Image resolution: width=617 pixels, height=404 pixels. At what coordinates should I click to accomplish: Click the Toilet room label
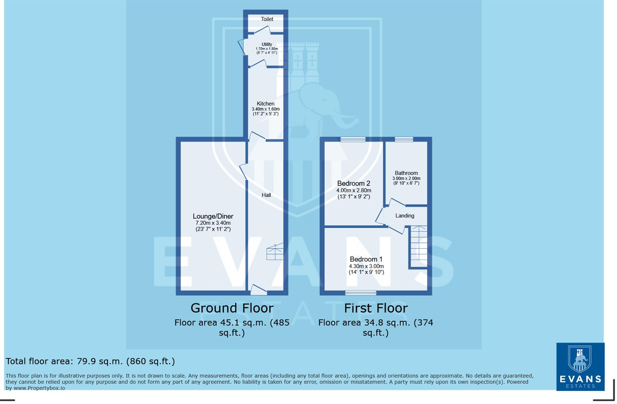pyautogui.click(x=267, y=19)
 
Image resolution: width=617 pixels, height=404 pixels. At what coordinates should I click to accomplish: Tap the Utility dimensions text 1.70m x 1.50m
pyautogui.click(x=267, y=49)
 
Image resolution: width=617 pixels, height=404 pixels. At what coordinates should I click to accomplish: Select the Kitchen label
pyautogui.click(x=265, y=104)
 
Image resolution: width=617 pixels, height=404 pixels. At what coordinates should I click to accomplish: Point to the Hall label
pyautogui.click(x=266, y=195)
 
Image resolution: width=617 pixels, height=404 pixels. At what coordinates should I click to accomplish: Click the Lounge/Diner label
pyautogui.click(x=213, y=216)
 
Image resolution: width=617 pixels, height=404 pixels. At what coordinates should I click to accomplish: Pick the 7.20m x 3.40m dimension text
pyautogui.click(x=213, y=223)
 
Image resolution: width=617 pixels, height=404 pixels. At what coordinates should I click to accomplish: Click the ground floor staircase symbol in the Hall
pyautogui.click(x=275, y=252)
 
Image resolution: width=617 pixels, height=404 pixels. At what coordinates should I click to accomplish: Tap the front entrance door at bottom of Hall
pyautogui.click(x=259, y=291)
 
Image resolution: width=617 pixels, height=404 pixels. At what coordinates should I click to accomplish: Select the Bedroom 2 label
pyautogui.click(x=353, y=183)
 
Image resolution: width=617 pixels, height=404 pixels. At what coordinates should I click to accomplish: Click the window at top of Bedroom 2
pyautogui.click(x=353, y=139)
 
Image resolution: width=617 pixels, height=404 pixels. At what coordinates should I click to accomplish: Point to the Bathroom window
pyautogui.click(x=403, y=139)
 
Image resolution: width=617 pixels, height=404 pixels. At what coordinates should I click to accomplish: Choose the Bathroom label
pyautogui.click(x=406, y=173)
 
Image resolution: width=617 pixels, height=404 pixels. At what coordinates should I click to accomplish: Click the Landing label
pyautogui.click(x=405, y=216)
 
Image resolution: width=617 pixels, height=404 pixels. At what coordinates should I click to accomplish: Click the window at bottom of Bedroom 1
pyautogui.click(x=361, y=293)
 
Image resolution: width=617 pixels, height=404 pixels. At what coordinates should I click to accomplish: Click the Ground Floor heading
pyautogui.click(x=232, y=308)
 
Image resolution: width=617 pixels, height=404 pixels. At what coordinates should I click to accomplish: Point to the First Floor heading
pyautogui.click(x=375, y=308)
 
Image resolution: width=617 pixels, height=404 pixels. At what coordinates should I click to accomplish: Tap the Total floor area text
pyautogui.click(x=90, y=361)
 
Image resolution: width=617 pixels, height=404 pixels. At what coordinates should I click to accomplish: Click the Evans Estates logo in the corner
pyautogui.click(x=580, y=366)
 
